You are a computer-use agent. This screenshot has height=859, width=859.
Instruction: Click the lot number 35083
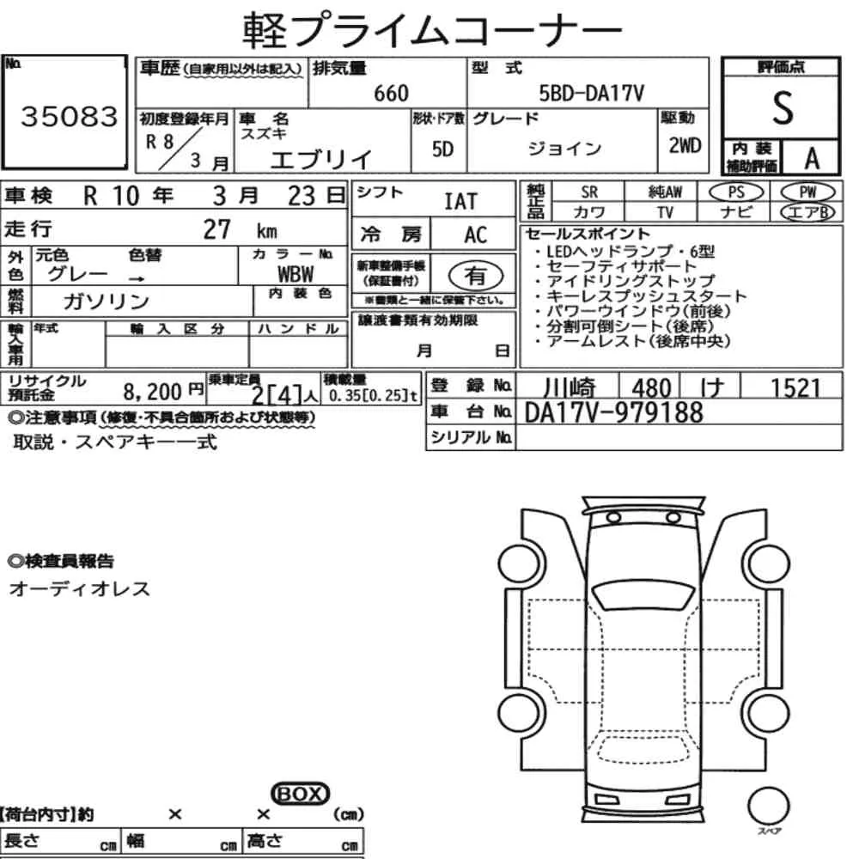pyautogui.click(x=69, y=116)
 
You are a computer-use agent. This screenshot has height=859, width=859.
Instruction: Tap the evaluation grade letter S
pyautogui.click(x=783, y=108)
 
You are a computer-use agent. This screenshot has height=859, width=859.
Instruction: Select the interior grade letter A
pyautogui.click(x=812, y=159)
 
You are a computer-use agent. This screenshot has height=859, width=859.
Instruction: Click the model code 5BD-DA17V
pyautogui.click(x=592, y=93)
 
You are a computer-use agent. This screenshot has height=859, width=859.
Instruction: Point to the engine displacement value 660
pyautogui.click(x=391, y=93)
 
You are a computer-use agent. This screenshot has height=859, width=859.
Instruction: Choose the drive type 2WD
pyautogui.click(x=685, y=146)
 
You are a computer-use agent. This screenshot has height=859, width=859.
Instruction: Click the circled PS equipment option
pyautogui.click(x=736, y=192)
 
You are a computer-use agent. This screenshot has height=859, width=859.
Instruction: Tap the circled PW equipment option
pyautogui.click(x=807, y=192)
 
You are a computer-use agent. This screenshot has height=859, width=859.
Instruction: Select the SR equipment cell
pyautogui.click(x=589, y=192)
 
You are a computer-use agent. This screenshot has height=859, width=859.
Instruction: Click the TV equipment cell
pyautogui.click(x=665, y=212)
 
